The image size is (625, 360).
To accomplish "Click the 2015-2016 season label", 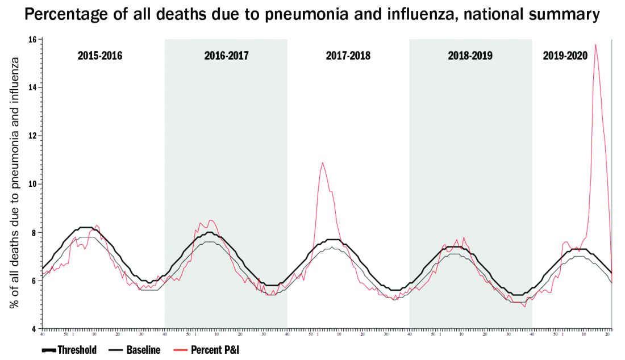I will coord(100,56).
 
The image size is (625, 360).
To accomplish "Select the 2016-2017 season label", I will coord(226,56).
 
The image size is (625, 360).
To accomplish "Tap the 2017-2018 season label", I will coord(348,56).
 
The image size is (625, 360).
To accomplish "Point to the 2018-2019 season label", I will coord(470,56).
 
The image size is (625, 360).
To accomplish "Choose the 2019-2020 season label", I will coord(565,56).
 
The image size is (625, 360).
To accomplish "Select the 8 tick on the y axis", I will coord(34,232).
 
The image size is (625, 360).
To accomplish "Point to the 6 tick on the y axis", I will coord(34,281).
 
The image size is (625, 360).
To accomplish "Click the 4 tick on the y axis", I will coord(34,329).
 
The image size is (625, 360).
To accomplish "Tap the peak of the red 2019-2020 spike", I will coord(595,44).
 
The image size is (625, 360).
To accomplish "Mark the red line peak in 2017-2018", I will coord(323,163).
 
